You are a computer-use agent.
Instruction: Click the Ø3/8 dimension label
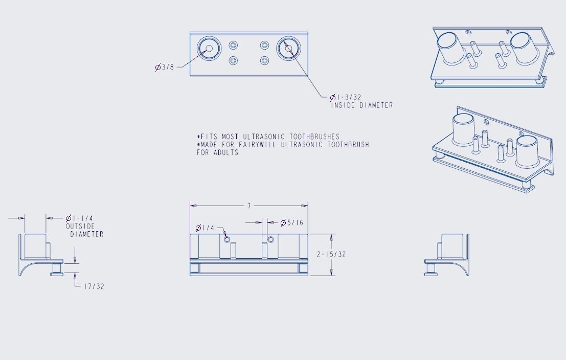165,67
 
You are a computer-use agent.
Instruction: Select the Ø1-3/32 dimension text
346,97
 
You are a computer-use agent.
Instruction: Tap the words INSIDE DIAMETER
361,105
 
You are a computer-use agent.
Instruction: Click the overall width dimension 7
249,206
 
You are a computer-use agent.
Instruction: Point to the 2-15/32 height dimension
331,254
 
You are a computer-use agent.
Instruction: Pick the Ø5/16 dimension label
291,223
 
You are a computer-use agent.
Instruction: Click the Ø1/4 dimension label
206,228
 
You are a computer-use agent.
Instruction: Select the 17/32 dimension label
94,286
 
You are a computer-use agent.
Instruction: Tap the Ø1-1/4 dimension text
79,218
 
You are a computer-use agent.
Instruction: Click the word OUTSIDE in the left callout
80,226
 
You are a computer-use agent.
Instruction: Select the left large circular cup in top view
209,49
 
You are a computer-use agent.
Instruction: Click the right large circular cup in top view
289,49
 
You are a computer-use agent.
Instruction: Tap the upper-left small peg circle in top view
233,44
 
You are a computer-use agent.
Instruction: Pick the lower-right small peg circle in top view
264,61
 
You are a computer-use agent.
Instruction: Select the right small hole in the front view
271,239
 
